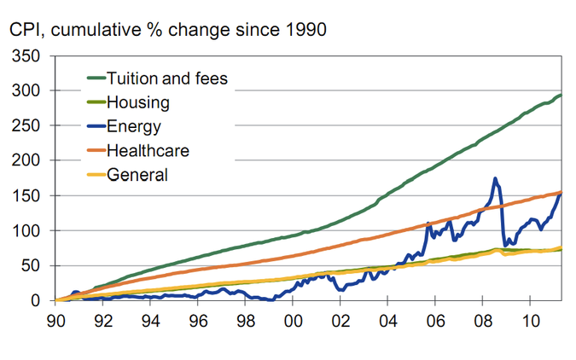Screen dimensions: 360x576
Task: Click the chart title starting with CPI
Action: click(167, 29)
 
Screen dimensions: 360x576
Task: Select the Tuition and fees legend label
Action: click(167, 80)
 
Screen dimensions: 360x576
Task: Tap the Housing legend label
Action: click(137, 103)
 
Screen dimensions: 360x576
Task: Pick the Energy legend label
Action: click(134, 127)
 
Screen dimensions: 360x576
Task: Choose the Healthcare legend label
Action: click(148, 151)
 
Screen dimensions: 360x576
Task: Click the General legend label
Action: click(137, 175)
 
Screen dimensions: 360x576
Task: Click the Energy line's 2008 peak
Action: click(495, 179)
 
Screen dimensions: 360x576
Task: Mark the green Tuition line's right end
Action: click(560, 95)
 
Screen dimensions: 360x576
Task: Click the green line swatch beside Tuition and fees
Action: click(94, 80)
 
